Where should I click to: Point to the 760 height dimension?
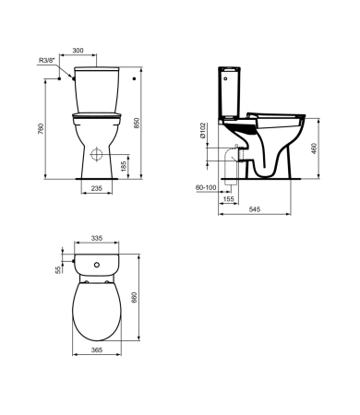coord(38,128)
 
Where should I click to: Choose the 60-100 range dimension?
coord(206,186)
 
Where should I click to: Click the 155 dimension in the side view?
coord(227,197)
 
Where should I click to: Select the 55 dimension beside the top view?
coord(57,270)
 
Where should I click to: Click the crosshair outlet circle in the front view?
coord(97,151)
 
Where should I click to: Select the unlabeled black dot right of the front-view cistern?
coord(136,78)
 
